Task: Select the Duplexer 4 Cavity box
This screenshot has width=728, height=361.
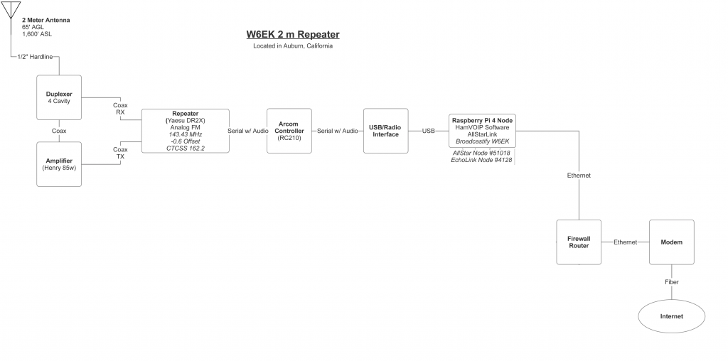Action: coord(59,97)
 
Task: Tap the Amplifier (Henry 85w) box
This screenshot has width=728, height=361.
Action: coord(59,164)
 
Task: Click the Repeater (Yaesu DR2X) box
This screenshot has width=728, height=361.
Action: coord(185,131)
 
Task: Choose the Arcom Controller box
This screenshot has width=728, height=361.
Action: coord(289,131)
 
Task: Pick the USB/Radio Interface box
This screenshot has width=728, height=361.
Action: coord(385,131)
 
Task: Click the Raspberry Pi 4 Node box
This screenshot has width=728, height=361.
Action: coord(482,131)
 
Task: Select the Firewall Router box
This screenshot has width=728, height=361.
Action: coord(579,242)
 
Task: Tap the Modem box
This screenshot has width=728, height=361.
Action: coord(671,242)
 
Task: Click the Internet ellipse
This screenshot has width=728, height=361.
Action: coord(671,316)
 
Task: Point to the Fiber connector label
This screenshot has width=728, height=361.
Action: coord(671,282)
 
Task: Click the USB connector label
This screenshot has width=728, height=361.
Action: coord(428,131)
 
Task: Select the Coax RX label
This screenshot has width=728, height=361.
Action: coord(120,109)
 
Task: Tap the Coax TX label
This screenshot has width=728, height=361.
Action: coord(120,153)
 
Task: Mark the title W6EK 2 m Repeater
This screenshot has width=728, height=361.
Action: coord(292,33)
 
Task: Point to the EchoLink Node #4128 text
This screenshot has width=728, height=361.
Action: coord(481,160)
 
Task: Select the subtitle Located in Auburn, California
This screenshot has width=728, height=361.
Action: coord(292,46)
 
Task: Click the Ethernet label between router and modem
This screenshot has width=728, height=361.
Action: coord(625,242)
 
